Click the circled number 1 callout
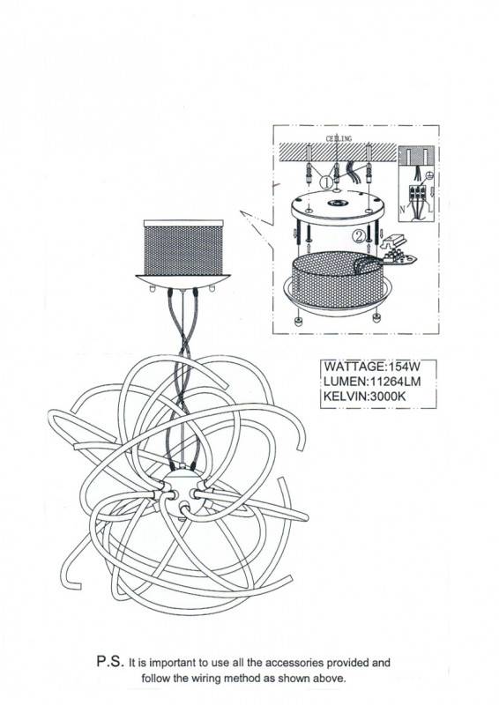click(x=326, y=182)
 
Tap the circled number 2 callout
click(x=359, y=236)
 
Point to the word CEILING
click(x=339, y=138)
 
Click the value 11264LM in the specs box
click(x=395, y=382)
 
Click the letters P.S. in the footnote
click(x=110, y=662)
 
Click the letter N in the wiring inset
click(x=402, y=209)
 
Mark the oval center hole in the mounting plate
click(x=338, y=203)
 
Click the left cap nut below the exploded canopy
click(x=298, y=321)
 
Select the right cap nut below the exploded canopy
click(x=376, y=318)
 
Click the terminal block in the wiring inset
click(x=418, y=197)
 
